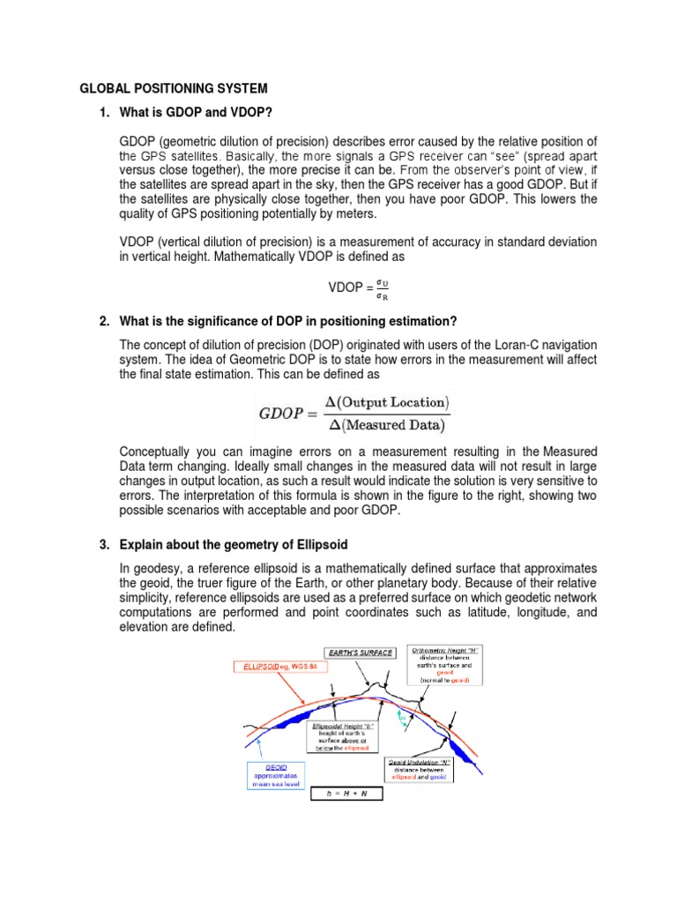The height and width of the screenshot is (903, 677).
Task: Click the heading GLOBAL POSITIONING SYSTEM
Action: pyautogui.click(x=174, y=89)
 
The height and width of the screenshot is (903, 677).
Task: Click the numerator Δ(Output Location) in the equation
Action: pyautogui.click(x=386, y=402)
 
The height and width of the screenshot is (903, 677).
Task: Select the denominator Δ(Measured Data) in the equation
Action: pyautogui.click(x=385, y=425)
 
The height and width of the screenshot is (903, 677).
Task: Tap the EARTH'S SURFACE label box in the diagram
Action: pyautogui.click(x=360, y=653)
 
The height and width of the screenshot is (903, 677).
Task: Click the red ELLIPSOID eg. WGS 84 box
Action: pyautogui.click(x=272, y=667)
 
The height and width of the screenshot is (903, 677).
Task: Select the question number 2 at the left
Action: pyautogui.click(x=104, y=319)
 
